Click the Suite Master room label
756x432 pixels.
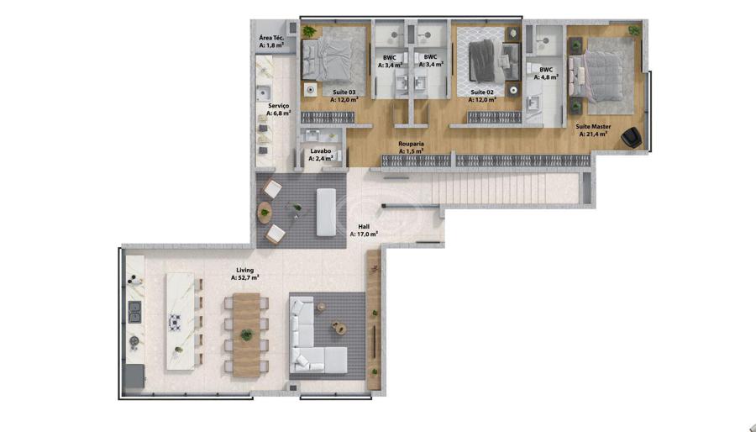(593, 127)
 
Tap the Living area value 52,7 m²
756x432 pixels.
(245, 277)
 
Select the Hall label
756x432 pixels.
(364, 227)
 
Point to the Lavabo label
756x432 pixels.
(321, 151)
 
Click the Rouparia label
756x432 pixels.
(412, 144)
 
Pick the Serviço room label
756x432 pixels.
(279, 106)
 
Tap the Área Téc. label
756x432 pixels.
(271, 38)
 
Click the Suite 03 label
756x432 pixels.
(344, 92)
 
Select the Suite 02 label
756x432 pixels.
(482, 92)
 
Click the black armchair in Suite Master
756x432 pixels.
(632, 137)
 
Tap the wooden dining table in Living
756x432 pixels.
(246, 335)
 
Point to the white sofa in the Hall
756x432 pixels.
(326, 212)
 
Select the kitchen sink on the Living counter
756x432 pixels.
(134, 312)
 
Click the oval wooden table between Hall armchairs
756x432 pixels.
(265, 213)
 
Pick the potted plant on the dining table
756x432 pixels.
(247, 335)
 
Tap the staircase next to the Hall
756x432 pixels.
(507, 188)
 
